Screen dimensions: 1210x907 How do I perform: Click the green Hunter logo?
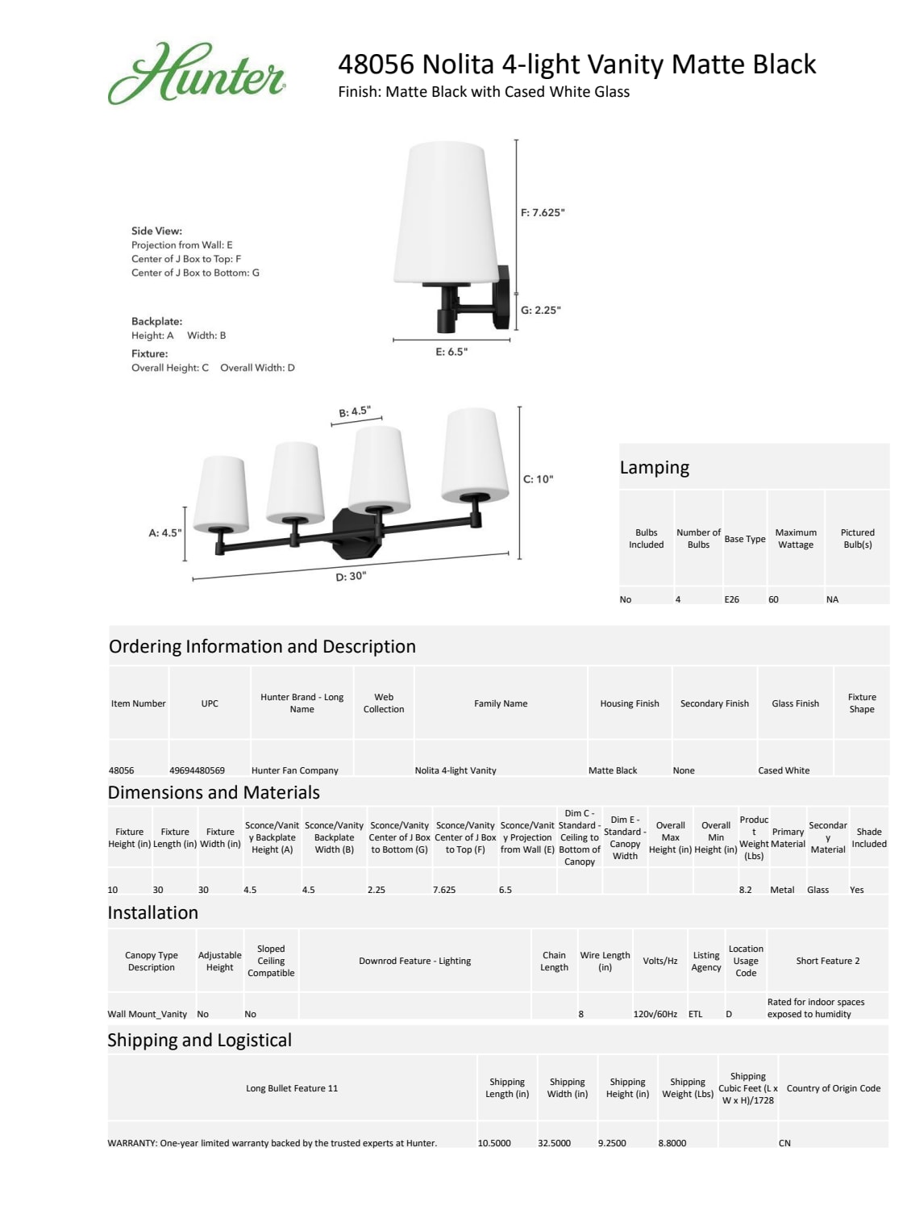pos(196,73)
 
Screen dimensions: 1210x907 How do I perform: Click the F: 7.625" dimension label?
pos(543,213)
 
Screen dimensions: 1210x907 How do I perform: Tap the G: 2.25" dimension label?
pos(540,310)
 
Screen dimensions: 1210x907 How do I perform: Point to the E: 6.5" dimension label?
pos(451,352)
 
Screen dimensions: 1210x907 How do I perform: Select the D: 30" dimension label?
pos(351,576)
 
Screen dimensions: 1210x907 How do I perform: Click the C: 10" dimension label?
pos(539,479)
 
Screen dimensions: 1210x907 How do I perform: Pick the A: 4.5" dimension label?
pos(165,533)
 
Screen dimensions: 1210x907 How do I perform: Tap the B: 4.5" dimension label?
pos(355,411)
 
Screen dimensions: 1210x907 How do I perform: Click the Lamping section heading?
pos(655,468)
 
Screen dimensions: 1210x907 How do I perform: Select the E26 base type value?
pos(731,599)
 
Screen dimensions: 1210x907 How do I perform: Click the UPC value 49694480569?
pos(198,770)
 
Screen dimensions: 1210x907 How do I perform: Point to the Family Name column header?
pos(501,703)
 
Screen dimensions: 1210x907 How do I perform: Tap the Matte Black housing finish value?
pos(613,770)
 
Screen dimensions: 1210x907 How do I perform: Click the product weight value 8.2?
pos(745,890)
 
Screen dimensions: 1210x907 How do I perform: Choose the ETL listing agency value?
pos(695,1014)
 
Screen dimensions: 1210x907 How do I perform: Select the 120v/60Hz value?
pos(655,1014)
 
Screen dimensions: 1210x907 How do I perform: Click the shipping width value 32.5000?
pos(554,1143)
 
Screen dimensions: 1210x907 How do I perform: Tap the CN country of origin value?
pos(784,1143)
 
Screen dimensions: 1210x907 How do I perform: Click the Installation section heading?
pos(153,913)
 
